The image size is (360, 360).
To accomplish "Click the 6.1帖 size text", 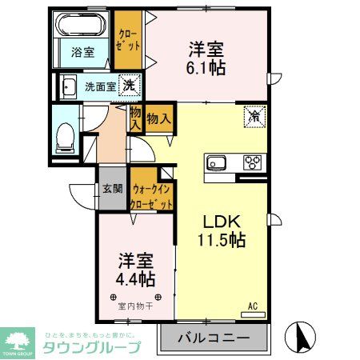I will coord(207,67).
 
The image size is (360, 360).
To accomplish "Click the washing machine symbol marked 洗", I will coord(128,84).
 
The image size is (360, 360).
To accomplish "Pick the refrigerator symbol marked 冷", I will coord(253,118).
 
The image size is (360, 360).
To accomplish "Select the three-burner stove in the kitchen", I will coord(253,162).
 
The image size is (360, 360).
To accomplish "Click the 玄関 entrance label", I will coord(112,189).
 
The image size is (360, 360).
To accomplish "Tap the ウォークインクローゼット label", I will coord(151,197).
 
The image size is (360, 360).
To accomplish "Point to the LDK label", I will coord(218,222).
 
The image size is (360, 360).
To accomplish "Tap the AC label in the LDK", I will coord(253,306).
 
